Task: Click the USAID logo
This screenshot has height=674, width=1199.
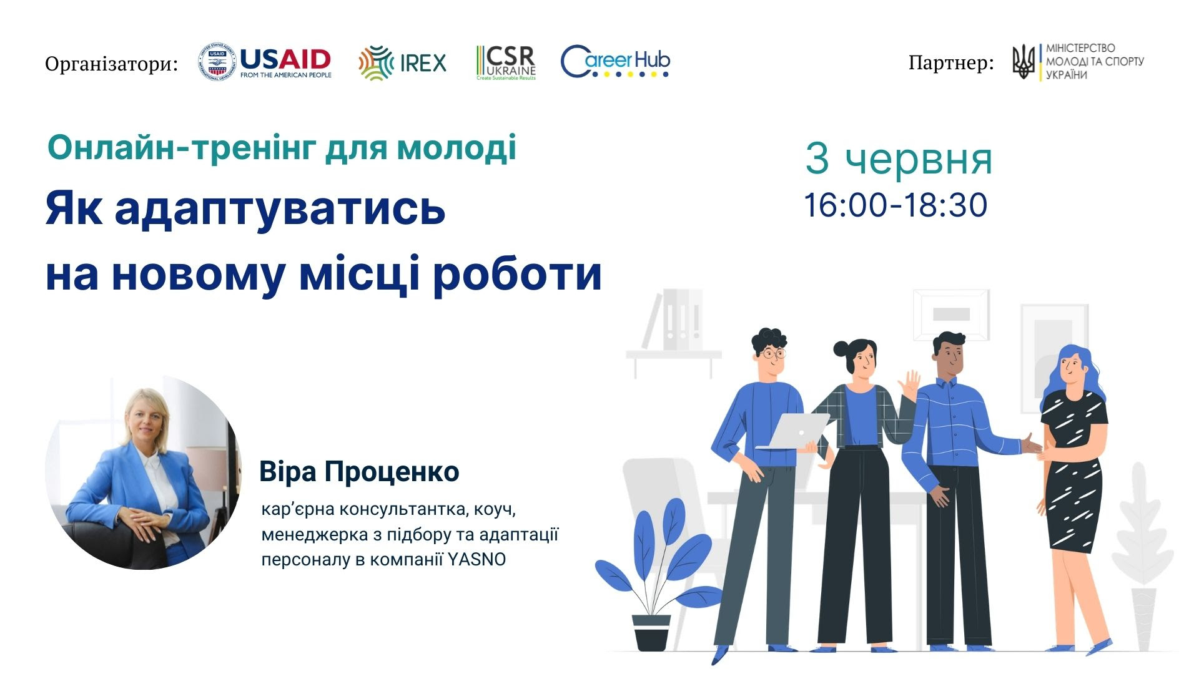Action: click(265, 62)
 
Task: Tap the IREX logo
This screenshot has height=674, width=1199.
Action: click(403, 63)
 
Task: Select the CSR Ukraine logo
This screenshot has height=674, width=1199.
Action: click(506, 62)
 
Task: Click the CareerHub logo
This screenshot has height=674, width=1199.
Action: click(615, 62)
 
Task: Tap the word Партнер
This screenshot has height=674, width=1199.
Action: click(951, 63)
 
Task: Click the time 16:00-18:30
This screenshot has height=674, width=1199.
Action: click(896, 205)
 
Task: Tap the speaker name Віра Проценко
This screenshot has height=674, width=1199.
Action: click(359, 472)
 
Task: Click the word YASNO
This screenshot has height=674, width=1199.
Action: click(477, 559)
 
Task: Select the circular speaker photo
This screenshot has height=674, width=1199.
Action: click(143, 472)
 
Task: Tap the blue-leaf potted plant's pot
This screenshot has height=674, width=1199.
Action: click(651, 632)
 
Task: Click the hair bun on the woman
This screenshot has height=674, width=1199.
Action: click(840, 348)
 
